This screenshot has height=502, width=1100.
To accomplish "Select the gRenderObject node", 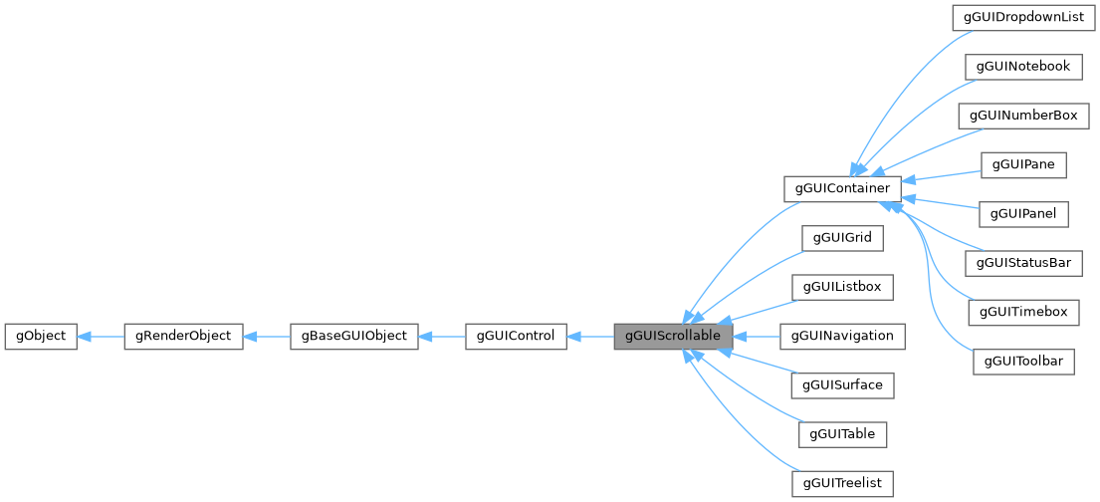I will pos(183,336).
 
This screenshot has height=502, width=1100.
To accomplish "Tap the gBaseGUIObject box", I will pos(353,336).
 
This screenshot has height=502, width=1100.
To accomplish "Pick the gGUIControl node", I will pos(516,336).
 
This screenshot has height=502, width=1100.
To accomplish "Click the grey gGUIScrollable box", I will pos(673,336).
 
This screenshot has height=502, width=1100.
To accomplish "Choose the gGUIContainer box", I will pos(842,188).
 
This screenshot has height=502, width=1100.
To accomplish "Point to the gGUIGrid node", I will pos(842,238).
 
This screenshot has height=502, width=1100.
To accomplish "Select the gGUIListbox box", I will pos(842,287).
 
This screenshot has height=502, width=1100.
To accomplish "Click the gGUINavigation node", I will pos(842,336).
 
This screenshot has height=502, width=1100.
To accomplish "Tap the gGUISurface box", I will pos(842,384).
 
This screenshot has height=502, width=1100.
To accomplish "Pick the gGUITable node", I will pos(842,434).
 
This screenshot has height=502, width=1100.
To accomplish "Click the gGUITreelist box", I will pos(842,483).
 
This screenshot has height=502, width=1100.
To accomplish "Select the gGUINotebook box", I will pos(1022,67).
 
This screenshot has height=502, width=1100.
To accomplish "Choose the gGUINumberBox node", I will pos(1022,116).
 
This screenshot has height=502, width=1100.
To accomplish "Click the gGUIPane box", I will pos(1023,164).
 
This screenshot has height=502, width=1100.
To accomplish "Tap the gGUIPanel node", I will pos(1023,213).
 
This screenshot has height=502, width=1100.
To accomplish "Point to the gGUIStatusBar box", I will pos(1023,263).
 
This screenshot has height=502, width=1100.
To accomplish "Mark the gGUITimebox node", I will pos(1023,312).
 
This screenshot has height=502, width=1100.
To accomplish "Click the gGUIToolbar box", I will pos(1023,361).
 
